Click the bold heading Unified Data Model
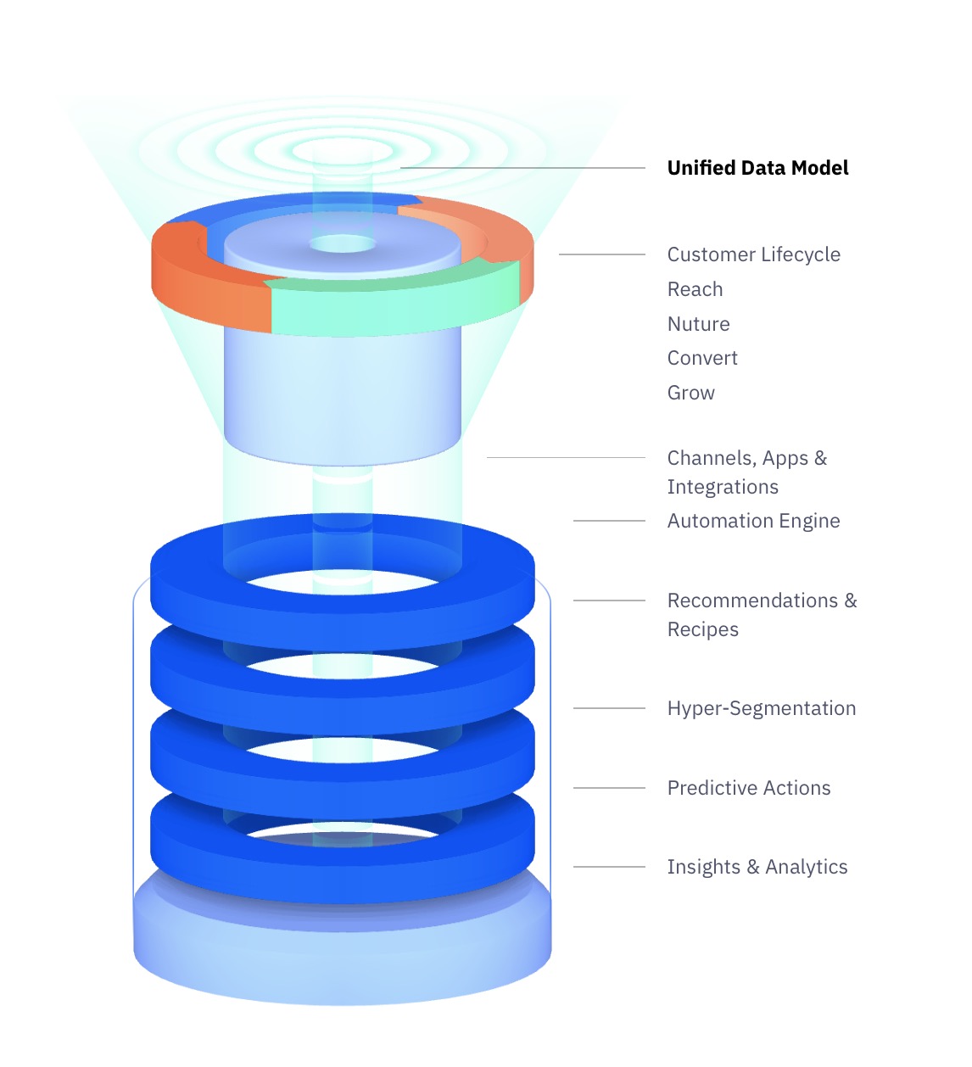757,168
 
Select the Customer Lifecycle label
753,254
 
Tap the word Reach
695,289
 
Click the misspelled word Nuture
699,324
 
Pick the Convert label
702,359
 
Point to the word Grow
691,393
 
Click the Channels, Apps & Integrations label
747,472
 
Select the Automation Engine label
753,521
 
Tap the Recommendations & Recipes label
762,615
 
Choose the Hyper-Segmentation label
762,708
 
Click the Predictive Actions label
749,788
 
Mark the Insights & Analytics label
757,867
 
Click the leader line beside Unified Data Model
522,168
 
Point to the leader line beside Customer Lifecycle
601,254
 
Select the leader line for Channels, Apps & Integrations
566,457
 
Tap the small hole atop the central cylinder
343,244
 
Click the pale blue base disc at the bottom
342,952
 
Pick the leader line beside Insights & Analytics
609,867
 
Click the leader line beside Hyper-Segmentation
609,708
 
